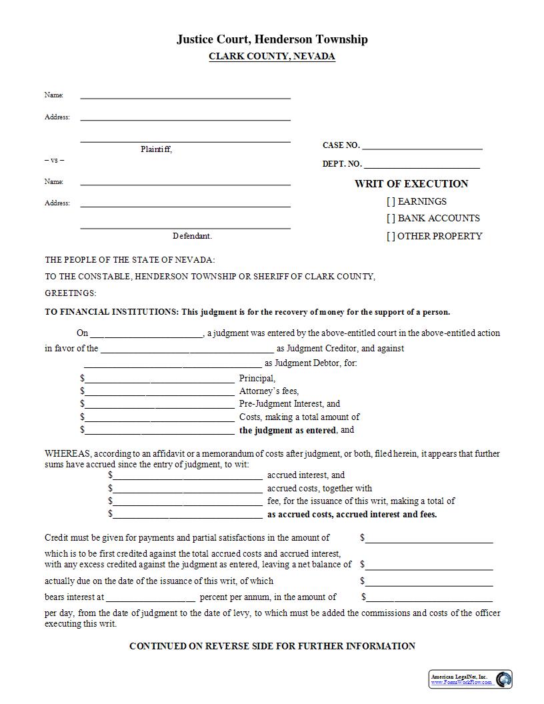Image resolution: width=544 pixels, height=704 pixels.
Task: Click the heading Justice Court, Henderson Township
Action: tap(272, 39)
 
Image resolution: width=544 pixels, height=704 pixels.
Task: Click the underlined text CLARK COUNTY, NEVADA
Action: tap(272, 57)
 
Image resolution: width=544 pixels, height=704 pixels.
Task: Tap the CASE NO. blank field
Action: tap(422, 146)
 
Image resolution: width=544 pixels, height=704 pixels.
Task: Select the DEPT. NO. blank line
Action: tap(421, 165)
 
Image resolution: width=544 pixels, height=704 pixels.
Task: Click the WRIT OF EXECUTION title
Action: tap(411, 184)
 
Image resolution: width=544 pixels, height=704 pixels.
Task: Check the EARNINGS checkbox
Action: tap(391, 201)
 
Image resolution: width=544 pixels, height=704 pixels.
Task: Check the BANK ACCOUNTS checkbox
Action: tap(391, 219)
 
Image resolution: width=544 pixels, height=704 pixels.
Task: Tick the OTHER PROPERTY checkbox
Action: tap(391, 236)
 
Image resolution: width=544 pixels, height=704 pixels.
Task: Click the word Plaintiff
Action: tap(156, 149)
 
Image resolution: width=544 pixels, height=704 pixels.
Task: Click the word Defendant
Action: tap(192, 236)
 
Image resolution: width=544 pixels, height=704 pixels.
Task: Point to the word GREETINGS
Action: tap(71, 293)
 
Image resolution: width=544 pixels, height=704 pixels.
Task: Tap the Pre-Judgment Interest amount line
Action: tap(159, 405)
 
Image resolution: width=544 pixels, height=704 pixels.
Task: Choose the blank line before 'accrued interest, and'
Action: tap(187, 476)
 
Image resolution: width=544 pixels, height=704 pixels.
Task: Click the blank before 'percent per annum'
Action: tap(150, 598)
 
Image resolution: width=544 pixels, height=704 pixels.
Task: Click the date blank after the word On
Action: tap(146, 334)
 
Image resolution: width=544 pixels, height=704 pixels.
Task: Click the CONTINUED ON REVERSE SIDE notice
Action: tap(272, 646)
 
